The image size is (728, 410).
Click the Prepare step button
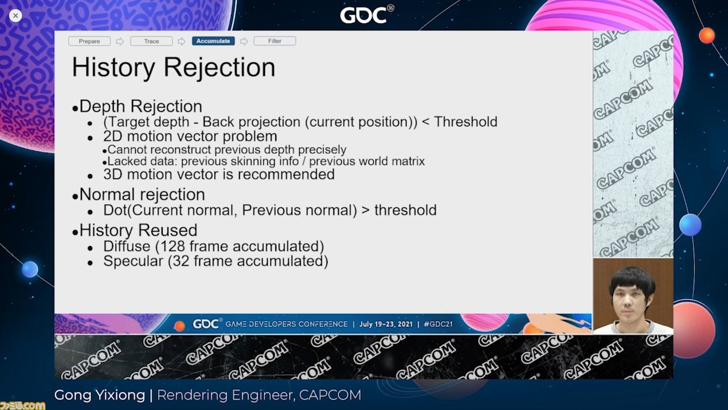[89, 41]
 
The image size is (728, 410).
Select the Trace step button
[151, 41]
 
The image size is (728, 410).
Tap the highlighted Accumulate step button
[213, 41]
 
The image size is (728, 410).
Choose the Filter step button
[275, 41]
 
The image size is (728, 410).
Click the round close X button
[15, 15]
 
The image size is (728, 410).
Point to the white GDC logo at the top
[367, 14]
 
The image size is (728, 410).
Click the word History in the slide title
[113, 67]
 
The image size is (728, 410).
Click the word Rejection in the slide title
[220, 67]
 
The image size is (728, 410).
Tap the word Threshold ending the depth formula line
[466, 122]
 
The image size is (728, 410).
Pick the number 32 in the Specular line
[181, 261]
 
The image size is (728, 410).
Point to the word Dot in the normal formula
[115, 210]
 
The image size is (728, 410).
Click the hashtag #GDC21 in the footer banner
[438, 324]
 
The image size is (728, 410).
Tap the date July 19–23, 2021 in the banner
[386, 324]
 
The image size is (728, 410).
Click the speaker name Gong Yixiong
[100, 395]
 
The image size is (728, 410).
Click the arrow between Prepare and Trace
[120, 42]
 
